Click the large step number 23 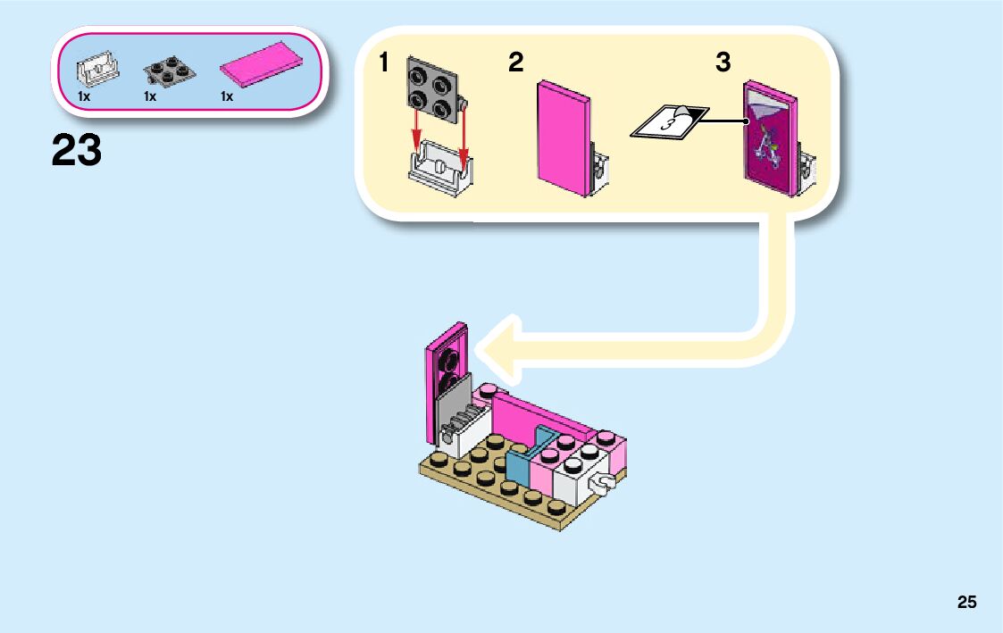click(77, 150)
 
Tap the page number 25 click(966, 603)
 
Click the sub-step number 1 click(384, 63)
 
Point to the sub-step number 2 click(515, 63)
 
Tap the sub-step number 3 click(723, 63)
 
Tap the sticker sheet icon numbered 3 click(669, 122)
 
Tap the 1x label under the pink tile click(227, 96)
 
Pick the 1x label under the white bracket click(84, 96)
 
